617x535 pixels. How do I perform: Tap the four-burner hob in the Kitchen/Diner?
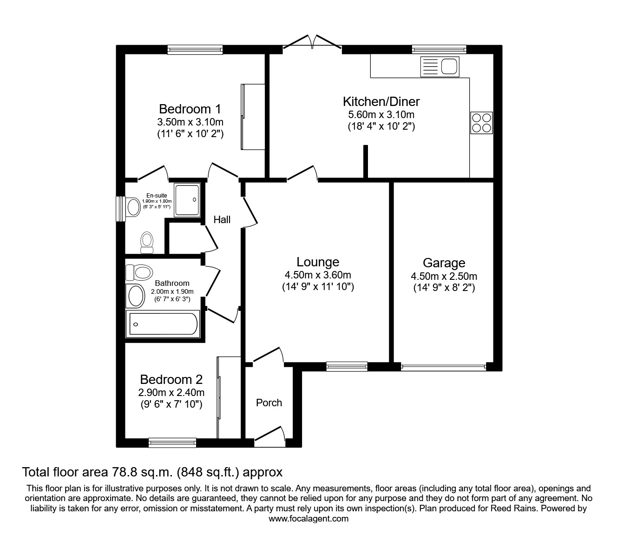click(x=481, y=123)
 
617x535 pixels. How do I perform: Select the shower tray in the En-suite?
click(x=188, y=200)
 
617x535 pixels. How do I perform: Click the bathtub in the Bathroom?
click(x=163, y=324)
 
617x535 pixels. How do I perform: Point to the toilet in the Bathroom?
click(x=139, y=271)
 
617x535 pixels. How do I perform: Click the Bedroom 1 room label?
click(x=190, y=109)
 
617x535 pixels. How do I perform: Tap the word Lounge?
click(x=318, y=262)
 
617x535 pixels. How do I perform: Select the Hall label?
click(x=222, y=219)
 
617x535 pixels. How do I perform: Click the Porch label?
click(x=269, y=403)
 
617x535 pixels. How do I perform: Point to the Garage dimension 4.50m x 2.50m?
click(x=444, y=276)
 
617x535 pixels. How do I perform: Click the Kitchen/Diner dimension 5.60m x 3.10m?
click(x=381, y=114)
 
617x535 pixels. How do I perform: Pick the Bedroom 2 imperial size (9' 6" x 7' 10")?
click(x=172, y=404)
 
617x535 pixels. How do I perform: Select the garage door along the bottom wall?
click(x=444, y=367)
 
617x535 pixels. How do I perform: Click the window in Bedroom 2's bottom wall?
click(x=172, y=443)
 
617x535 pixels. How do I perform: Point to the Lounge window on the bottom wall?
click(x=347, y=367)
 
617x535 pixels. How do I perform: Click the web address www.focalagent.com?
click(x=308, y=519)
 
